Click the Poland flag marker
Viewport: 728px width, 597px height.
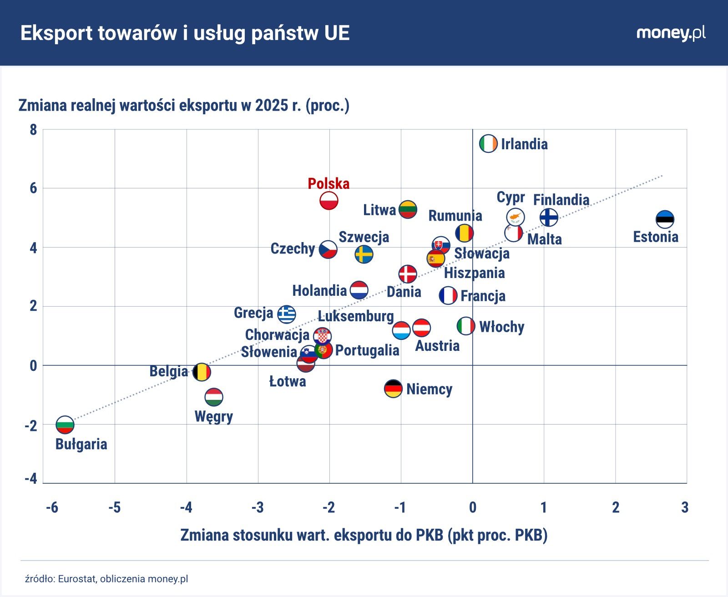point(329,201)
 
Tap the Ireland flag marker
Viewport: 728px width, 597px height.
point(488,143)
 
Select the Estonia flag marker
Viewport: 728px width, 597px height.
point(664,219)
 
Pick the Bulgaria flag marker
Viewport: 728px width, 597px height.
point(65,425)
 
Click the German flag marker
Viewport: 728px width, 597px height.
point(393,389)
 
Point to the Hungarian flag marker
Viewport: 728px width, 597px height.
point(214,397)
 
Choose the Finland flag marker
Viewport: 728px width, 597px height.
point(549,218)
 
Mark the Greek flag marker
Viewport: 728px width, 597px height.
point(287,314)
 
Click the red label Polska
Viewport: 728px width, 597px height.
point(328,183)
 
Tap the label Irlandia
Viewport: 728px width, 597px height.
point(524,144)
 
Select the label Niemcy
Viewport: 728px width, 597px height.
point(429,389)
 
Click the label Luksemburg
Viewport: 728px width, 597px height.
point(355,316)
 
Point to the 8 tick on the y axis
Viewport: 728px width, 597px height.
point(33,130)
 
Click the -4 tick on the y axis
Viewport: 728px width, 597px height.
point(31,479)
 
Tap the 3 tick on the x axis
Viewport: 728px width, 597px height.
point(685,507)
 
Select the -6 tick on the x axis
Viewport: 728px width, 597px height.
point(52,507)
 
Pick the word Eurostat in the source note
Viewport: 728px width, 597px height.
point(76,579)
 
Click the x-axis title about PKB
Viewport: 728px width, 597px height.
point(364,535)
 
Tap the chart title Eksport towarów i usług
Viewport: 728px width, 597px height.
point(185,33)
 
